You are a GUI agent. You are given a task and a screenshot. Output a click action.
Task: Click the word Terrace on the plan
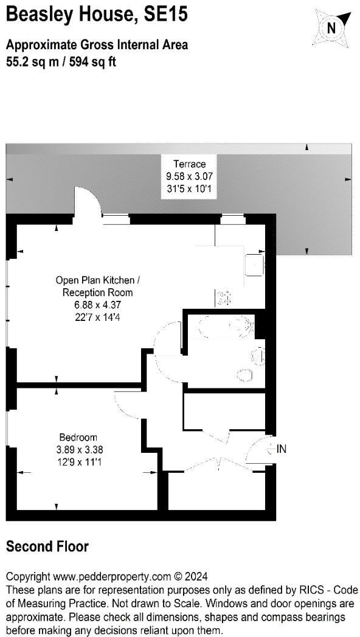[190, 164]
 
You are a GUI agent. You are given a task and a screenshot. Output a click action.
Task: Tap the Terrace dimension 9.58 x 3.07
[190, 176]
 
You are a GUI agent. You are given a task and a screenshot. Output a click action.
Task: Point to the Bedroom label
[78, 438]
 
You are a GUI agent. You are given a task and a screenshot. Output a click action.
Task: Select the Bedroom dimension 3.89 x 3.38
[78, 450]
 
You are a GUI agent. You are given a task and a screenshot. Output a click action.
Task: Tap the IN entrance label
[282, 449]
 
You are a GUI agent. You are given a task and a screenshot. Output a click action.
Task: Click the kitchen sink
[254, 264]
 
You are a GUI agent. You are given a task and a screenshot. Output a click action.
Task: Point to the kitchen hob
[224, 298]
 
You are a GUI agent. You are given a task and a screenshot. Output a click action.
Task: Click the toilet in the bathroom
[245, 375]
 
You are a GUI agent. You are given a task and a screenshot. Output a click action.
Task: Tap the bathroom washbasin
[258, 357]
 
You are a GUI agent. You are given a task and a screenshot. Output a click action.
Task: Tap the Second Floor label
[47, 546]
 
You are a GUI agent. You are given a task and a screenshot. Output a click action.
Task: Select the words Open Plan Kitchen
[97, 280]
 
